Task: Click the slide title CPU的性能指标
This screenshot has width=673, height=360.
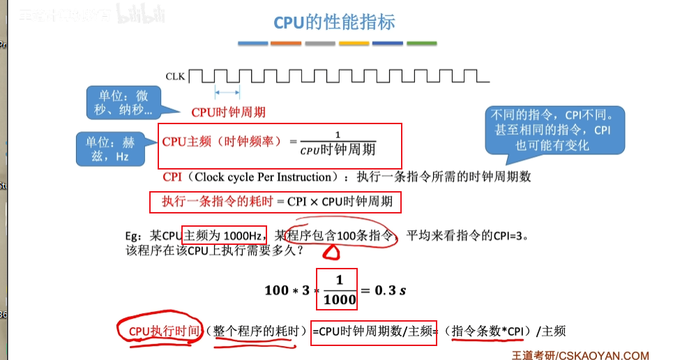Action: [334, 22]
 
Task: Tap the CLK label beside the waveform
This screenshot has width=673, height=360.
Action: [176, 76]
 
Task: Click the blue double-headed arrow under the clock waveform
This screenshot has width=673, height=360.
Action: [227, 91]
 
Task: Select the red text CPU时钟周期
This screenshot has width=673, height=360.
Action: [229, 112]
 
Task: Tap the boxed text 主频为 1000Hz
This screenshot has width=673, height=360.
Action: [225, 235]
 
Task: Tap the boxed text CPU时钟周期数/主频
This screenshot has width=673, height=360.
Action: [375, 331]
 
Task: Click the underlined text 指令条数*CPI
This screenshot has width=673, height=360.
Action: [487, 331]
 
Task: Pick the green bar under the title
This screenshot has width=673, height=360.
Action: [421, 43]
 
